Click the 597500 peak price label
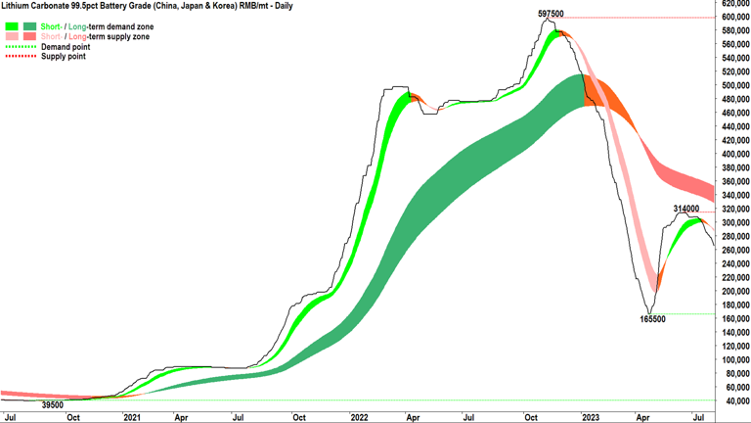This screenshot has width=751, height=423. coord(551,14)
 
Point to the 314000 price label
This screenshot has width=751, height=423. coord(686,209)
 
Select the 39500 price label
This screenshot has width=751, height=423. coord(53,404)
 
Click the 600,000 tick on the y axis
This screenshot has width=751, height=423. coord(733,17)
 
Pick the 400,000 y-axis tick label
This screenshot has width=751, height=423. coord(733,154)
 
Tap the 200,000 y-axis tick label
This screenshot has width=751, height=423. coord(733,291)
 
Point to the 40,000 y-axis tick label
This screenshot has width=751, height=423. coord(735,400)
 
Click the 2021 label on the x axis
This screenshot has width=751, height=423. coord(132,417)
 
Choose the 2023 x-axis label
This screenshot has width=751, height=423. coord(589,417)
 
